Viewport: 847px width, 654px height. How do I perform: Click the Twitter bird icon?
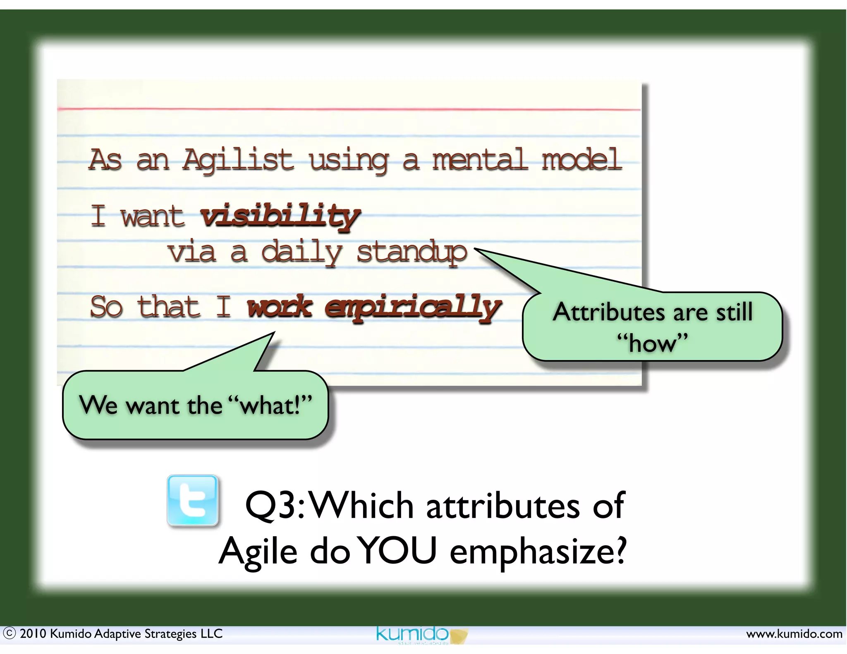point(192,500)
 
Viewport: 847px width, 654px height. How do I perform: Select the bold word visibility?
point(280,216)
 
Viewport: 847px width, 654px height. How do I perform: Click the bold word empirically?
point(413,308)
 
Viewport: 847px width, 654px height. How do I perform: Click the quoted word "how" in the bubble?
point(652,343)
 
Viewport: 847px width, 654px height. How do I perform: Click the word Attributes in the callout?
point(608,312)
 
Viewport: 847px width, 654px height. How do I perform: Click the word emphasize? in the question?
point(538,551)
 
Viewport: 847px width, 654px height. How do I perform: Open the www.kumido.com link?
point(794,634)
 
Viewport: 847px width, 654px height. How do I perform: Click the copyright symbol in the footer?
point(9,633)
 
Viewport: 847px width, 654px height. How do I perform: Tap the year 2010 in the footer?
point(33,633)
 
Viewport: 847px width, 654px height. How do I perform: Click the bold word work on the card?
point(280,307)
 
